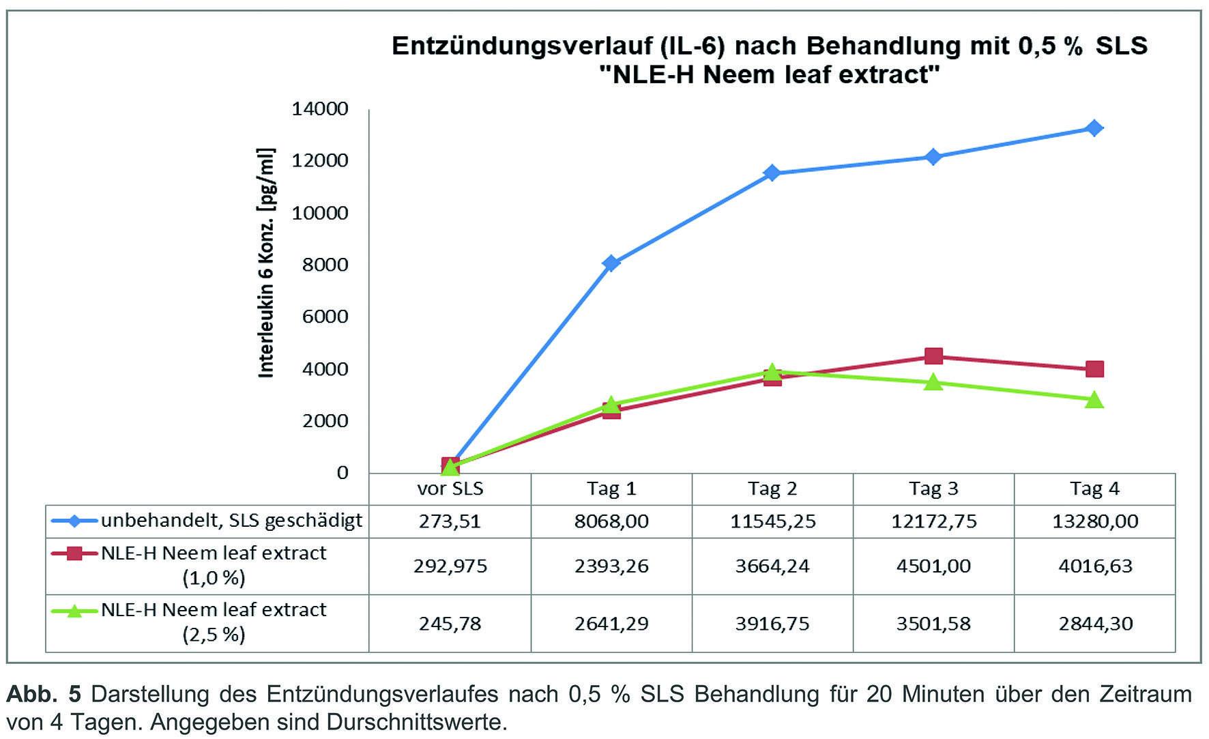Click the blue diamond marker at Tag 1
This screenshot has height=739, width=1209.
click(611, 263)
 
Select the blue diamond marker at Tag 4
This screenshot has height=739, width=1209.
click(1094, 128)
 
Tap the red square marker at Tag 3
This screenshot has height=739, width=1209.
click(933, 356)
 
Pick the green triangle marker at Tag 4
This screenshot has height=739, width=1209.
click(1094, 400)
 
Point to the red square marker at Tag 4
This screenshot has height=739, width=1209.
click(1094, 369)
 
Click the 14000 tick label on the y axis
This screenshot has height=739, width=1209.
click(319, 108)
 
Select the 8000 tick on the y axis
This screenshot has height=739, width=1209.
click(325, 265)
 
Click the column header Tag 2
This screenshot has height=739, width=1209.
click(772, 489)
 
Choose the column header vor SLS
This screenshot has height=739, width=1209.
click(450, 489)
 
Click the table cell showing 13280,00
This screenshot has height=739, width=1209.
click(1094, 521)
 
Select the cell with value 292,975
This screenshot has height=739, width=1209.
click(450, 566)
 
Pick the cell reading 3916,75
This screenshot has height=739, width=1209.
click(772, 624)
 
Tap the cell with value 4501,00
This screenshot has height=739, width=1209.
click(933, 566)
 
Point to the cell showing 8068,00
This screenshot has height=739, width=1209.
click(611, 521)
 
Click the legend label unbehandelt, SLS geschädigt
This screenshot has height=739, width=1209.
click(232, 521)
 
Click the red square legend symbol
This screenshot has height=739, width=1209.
click(74, 553)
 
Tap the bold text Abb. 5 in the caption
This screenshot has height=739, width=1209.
click(43, 694)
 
